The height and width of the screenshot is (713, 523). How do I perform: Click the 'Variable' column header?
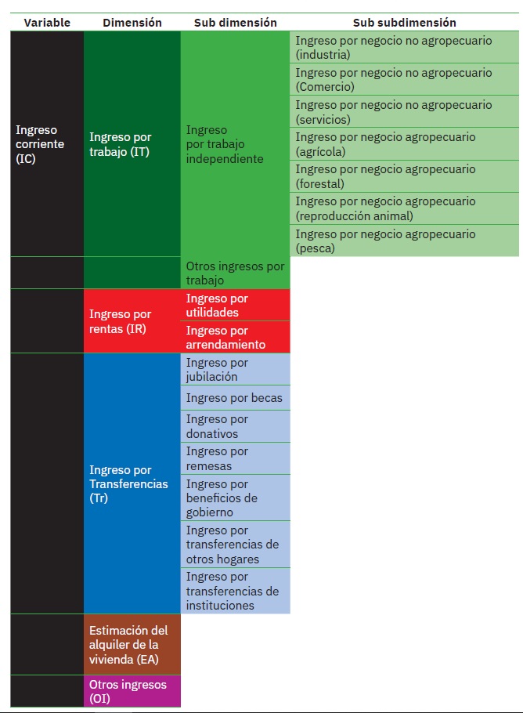coord(47,23)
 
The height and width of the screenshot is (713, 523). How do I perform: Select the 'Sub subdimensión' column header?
coord(404,23)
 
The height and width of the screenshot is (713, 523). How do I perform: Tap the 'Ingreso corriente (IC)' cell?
coord(47,144)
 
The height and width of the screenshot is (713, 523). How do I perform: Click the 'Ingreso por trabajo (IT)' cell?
coord(132,144)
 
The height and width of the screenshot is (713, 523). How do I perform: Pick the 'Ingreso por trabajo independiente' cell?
coord(235,144)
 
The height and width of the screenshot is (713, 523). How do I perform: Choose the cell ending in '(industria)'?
coord(404,48)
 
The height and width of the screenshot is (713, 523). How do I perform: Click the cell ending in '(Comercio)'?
coord(404,80)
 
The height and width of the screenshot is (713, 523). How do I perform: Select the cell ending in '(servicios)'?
coord(404,112)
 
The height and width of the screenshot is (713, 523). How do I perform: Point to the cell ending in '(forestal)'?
coord(404,176)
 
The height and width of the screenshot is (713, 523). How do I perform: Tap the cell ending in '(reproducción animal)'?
coord(404,208)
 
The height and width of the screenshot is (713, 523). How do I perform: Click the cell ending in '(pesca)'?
coord(404,241)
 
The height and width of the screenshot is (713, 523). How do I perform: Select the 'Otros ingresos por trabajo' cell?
coord(235,273)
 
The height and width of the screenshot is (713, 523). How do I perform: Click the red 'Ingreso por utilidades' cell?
coord(235,306)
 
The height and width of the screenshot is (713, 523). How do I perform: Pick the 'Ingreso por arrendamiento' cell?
coord(235,338)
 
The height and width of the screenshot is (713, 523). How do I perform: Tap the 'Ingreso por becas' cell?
coord(235,398)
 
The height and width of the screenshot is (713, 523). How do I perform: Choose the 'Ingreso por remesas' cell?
coord(235,458)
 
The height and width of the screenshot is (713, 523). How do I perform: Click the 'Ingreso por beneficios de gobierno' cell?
coord(235,498)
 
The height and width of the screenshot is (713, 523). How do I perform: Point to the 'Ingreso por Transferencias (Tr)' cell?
coord(132,483)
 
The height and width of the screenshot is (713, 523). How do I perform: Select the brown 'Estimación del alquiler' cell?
coord(132,644)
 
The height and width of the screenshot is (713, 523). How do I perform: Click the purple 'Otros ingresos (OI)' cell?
coord(132,691)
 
